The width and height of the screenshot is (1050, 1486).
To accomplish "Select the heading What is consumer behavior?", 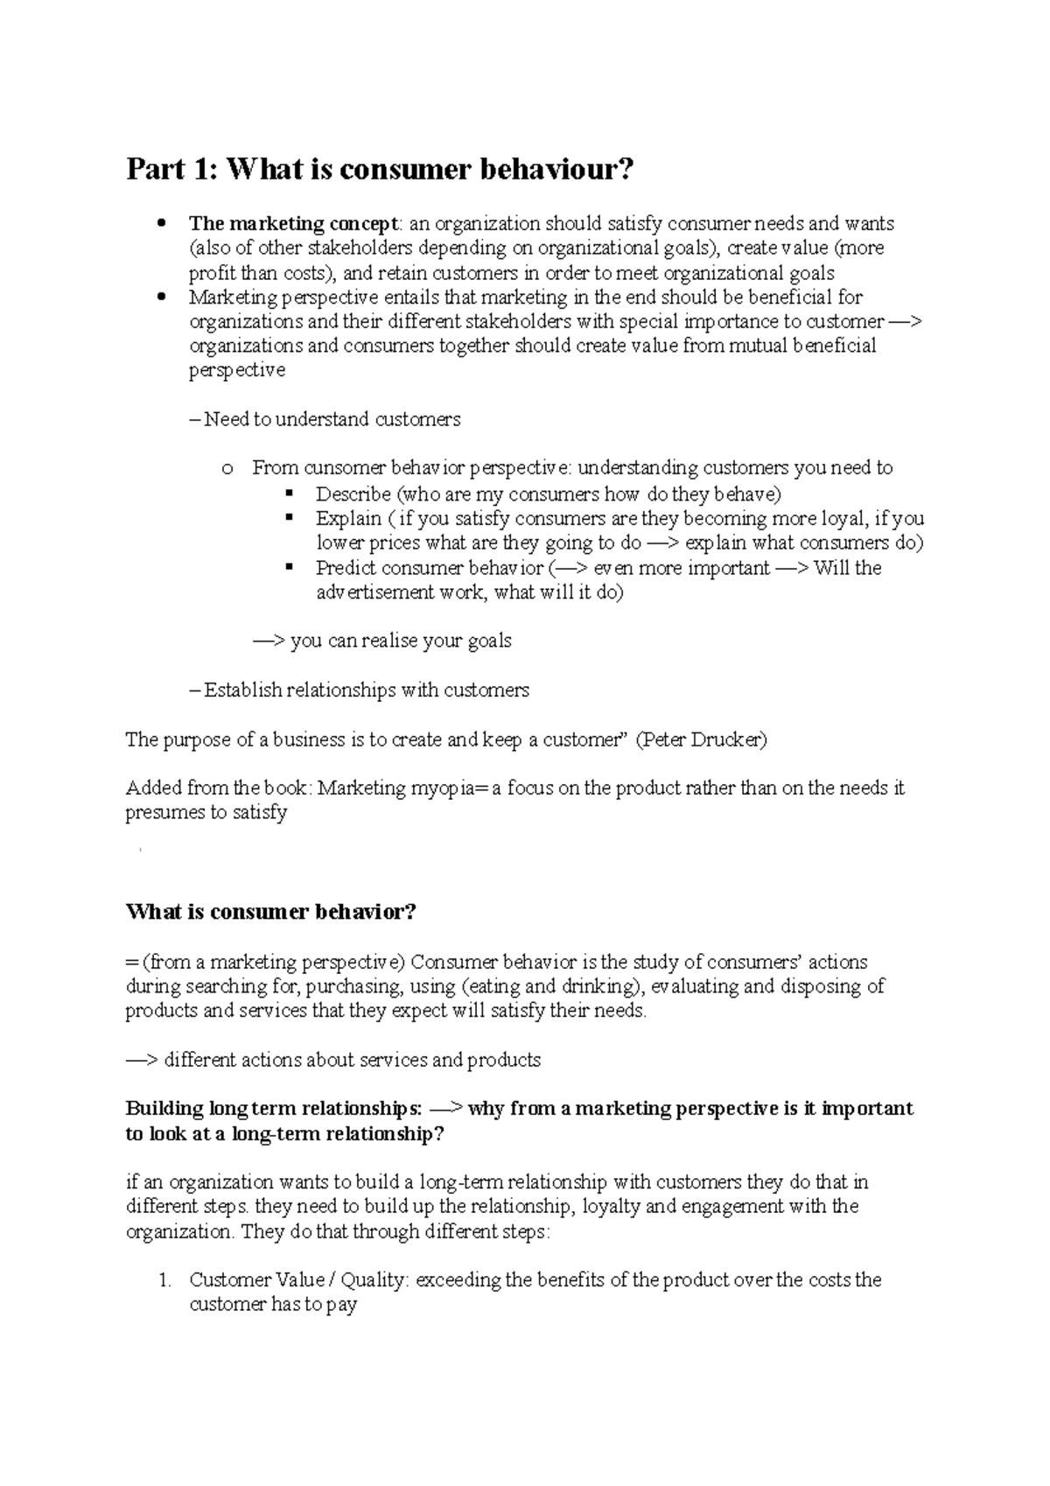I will pos(270,912).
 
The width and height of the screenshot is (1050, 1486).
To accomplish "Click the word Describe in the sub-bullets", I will pos(353,494).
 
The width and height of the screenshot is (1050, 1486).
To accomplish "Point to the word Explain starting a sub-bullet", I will pos(348,518).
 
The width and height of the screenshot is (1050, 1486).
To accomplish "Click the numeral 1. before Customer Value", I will pos(164,1279).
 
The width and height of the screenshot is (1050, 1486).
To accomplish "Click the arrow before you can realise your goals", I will pos(269,641).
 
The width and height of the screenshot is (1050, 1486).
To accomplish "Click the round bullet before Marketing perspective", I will pos(159,297).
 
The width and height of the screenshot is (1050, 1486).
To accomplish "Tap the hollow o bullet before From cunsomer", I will pos(227,469).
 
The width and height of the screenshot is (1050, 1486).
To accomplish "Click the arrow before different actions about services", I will pos(142,1060).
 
